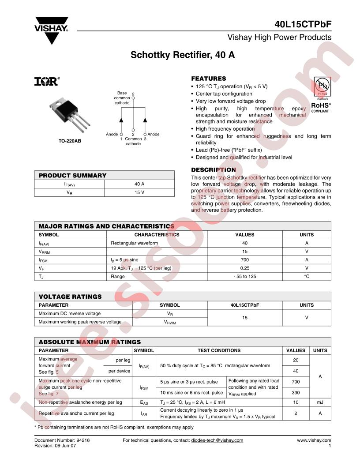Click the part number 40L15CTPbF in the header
[x=301, y=25]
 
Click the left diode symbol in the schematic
[x=121, y=120]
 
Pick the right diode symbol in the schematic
[x=145, y=120]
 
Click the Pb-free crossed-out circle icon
[x=322, y=85]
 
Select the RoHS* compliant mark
[x=321, y=107]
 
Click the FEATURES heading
[x=209, y=79]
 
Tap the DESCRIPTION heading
[x=214, y=170]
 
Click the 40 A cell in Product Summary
[x=139, y=184]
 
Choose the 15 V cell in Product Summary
[x=139, y=192]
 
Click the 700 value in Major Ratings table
[x=245, y=260]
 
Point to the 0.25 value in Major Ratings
[x=245, y=268]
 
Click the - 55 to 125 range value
[x=245, y=276]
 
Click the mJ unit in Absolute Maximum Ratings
[x=320, y=402]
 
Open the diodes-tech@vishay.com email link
[x=217, y=440]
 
